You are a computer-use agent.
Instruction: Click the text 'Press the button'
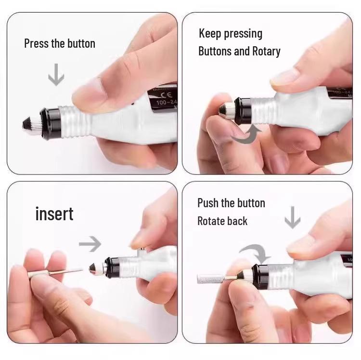(60, 43)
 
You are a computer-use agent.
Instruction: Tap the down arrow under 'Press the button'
(56, 76)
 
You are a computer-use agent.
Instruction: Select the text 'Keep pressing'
(231, 34)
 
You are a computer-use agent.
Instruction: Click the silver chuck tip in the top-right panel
(224, 109)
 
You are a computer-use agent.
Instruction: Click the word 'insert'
(54, 213)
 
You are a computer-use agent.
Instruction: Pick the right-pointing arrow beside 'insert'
(90, 244)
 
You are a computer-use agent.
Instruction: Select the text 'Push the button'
(231, 203)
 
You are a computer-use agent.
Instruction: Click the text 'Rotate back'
(222, 221)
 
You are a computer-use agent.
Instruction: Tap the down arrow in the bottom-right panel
(292, 219)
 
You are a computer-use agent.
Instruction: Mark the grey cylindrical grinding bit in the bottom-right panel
(210, 278)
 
